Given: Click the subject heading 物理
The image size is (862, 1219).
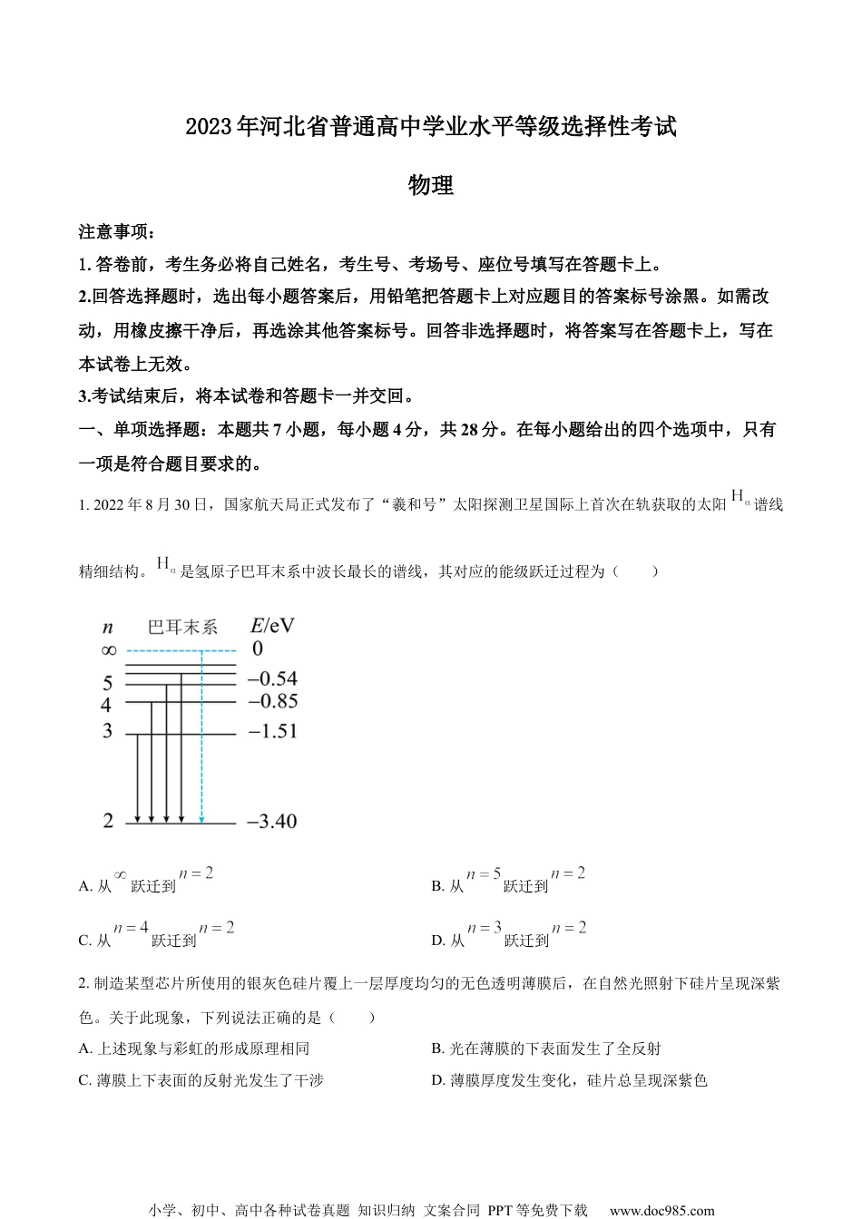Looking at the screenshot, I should click(x=431, y=186).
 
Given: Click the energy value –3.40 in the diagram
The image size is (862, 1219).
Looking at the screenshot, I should click(x=271, y=822).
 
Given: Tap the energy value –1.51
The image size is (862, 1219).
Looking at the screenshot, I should click(x=271, y=731).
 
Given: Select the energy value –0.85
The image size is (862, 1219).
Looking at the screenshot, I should click(x=271, y=701).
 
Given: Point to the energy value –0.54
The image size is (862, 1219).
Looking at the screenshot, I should click(x=271, y=678).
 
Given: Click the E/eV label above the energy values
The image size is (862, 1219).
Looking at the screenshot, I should click(x=272, y=626).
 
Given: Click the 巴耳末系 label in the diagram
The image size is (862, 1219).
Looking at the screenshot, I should click(x=182, y=627).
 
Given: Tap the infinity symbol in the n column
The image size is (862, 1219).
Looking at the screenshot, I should click(x=108, y=649).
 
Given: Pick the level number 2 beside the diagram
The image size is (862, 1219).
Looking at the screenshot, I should click(x=108, y=821).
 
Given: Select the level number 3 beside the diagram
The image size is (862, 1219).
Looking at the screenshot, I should click(x=107, y=731).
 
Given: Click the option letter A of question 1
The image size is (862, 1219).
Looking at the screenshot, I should click(x=84, y=886).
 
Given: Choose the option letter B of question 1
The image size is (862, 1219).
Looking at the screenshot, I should click(x=436, y=886).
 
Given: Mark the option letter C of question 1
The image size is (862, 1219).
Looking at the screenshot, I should click(x=84, y=941).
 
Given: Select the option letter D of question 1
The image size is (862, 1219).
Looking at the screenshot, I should click(x=437, y=941).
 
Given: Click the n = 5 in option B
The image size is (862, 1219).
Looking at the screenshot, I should click(x=484, y=874).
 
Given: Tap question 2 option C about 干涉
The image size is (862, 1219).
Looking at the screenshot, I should click(x=201, y=1080).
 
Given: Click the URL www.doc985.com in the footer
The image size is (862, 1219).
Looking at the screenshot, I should click(x=661, y=1210).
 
